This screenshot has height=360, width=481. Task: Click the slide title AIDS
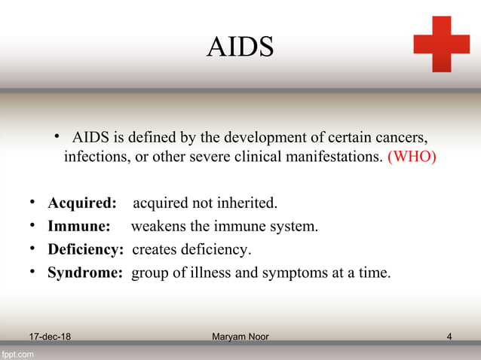click(x=240, y=47)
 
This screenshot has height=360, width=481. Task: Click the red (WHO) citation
click(x=411, y=158)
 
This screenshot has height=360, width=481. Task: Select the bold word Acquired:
click(x=82, y=203)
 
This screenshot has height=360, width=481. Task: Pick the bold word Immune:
click(x=79, y=226)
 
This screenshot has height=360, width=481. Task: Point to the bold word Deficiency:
click(x=85, y=249)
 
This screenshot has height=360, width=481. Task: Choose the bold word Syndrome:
click(x=84, y=273)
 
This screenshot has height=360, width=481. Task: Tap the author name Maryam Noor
click(x=240, y=336)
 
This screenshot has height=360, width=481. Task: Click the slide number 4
click(x=449, y=336)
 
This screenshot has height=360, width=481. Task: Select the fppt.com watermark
click(x=17, y=352)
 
